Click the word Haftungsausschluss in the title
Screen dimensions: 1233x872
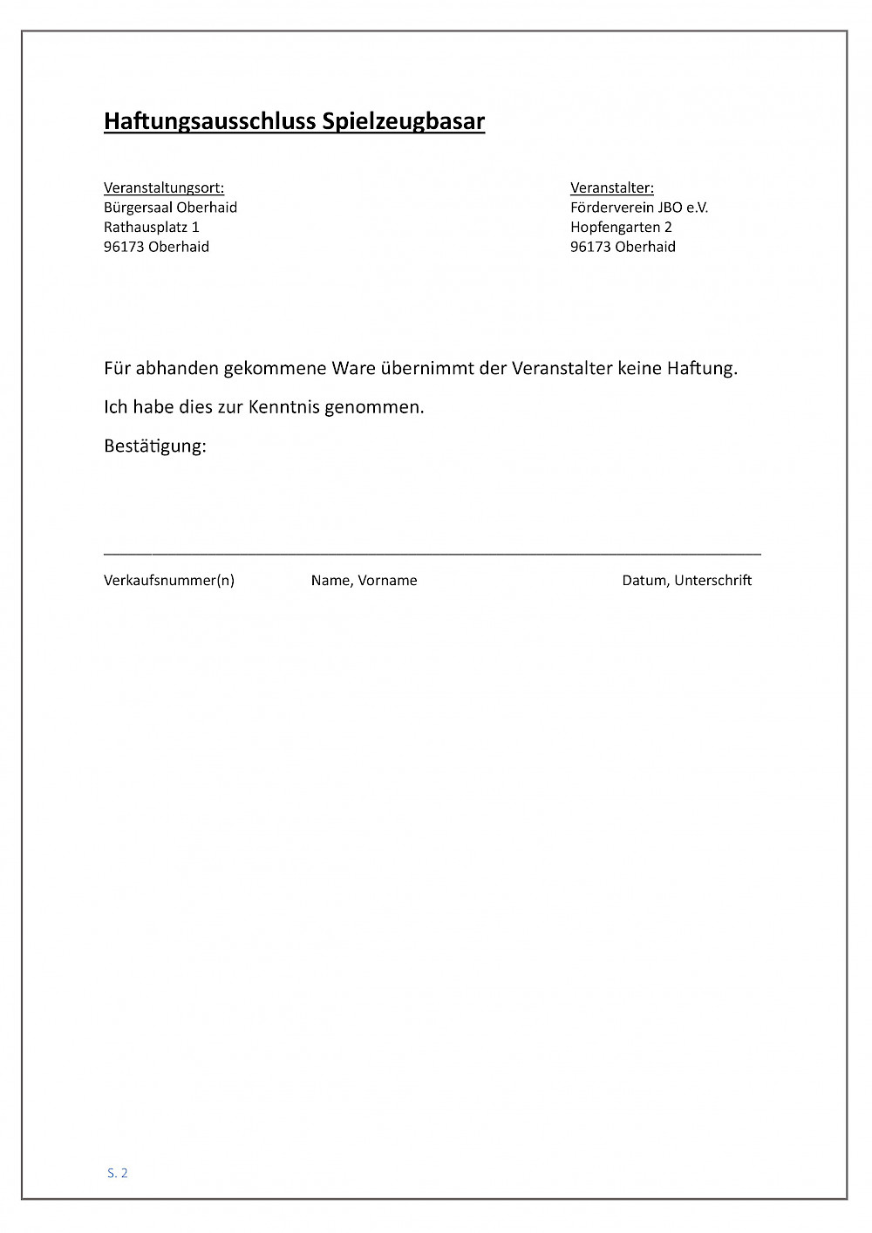click(210, 121)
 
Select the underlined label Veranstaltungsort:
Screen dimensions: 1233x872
click(164, 187)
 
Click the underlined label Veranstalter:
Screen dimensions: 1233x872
click(612, 187)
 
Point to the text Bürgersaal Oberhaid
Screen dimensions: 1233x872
click(170, 208)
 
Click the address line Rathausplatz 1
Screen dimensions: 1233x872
click(152, 227)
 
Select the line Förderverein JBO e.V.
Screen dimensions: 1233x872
click(639, 208)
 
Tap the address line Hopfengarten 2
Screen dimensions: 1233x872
click(621, 227)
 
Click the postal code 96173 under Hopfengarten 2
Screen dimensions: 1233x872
click(590, 247)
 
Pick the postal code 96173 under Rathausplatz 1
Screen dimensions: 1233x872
click(124, 247)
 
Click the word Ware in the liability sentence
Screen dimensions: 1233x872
click(353, 368)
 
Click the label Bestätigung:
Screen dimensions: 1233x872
click(155, 446)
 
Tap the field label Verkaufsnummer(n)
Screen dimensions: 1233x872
click(169, 581)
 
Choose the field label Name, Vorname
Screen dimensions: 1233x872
click(364, 581)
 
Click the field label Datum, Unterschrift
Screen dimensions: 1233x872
click(686, 581)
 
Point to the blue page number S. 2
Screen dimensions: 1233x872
click(118, 1173)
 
